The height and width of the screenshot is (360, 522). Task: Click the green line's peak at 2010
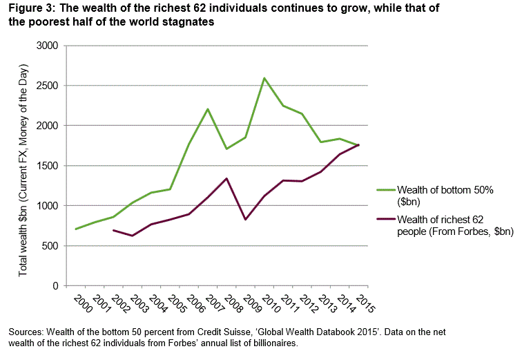click(264, 78)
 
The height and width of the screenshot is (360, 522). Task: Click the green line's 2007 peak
click(208, 109)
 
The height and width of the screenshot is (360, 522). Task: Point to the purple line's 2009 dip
click(246, 219)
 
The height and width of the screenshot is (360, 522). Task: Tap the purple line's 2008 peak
click(227, 178)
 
